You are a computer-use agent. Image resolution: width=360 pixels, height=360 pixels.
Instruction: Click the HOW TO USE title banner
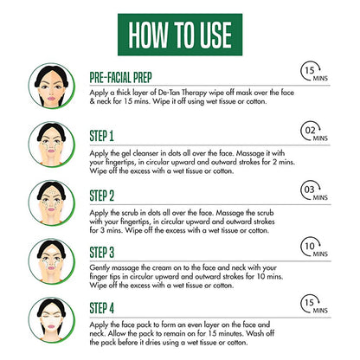click(x=180, y=35)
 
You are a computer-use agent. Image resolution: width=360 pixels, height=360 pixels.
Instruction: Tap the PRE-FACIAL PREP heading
click(x=120, y=78)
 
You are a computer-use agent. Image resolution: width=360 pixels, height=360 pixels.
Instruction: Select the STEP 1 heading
click(x=101, y=136)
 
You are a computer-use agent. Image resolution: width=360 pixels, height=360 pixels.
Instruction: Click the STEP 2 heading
click(x=102, y=196)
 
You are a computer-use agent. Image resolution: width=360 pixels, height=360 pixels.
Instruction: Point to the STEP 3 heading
click(x=102, y=253)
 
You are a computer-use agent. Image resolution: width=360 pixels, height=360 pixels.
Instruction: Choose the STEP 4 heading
click(x=102, y=308)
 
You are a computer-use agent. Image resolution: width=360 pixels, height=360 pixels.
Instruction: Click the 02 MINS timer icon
click(x=314, y=132)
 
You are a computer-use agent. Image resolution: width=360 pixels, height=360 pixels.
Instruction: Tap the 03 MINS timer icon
click(x=314, y=191)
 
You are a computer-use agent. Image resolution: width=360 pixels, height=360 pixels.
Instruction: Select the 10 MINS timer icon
click(x=314, y=247)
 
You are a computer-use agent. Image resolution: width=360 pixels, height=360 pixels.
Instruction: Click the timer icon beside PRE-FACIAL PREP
click(x=314, y=72)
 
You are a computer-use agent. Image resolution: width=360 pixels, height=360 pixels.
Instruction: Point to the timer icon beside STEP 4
click(x=314, y=304)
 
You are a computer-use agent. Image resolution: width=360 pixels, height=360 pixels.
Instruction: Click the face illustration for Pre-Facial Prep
click(x=52, y=86)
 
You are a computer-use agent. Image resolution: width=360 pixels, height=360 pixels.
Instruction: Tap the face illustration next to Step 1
click(x=52, y=145)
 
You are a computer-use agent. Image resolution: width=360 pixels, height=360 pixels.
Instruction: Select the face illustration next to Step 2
click(x=52, y=203)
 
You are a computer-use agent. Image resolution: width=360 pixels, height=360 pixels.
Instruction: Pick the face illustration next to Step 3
click(x=52, y=261)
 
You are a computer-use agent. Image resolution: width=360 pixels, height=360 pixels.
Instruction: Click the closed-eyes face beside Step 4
click(x=52, y=320)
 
